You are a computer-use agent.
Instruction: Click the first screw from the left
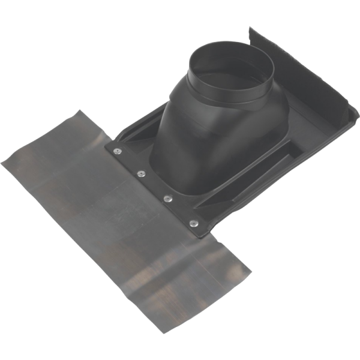[115, 151]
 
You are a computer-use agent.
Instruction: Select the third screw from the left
[169, 197]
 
